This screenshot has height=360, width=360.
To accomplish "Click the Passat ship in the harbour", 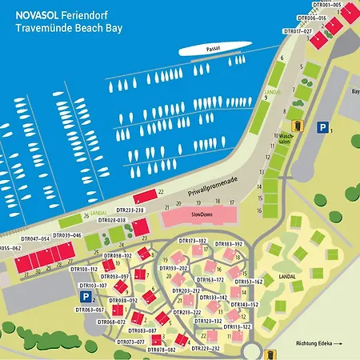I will [x=210, y=50].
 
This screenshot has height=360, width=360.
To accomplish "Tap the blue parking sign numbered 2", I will [x=83, y=296].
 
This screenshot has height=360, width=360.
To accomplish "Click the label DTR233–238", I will [x=127, y=210].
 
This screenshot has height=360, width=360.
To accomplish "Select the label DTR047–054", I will [x=35, y=238].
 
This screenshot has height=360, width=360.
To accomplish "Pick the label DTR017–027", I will [x=298, y=31].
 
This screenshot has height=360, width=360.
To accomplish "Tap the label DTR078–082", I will [x=162, y=350].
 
